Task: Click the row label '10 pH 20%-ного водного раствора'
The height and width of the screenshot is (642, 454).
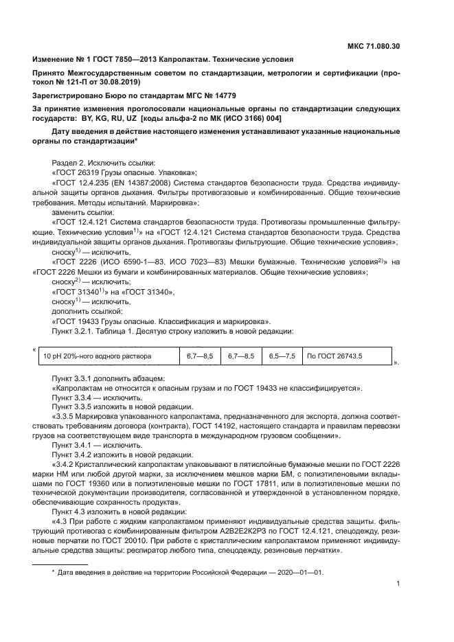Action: coord(98,356)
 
